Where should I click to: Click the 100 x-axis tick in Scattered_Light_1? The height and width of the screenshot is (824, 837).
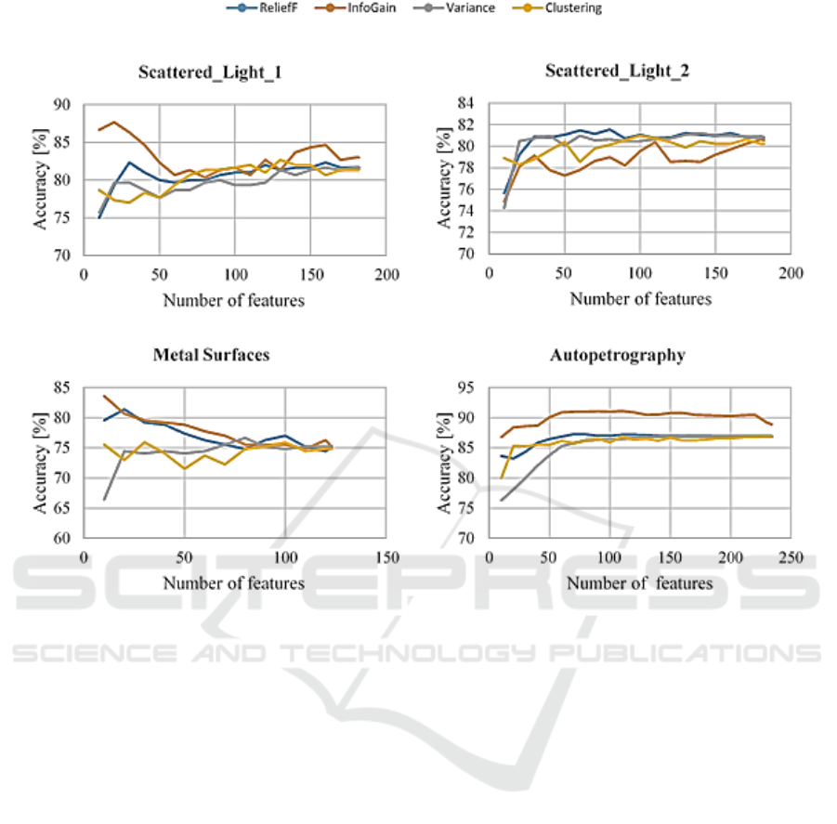[x=234, y=275]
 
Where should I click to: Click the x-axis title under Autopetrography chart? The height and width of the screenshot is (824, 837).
[x=640, y=583]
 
